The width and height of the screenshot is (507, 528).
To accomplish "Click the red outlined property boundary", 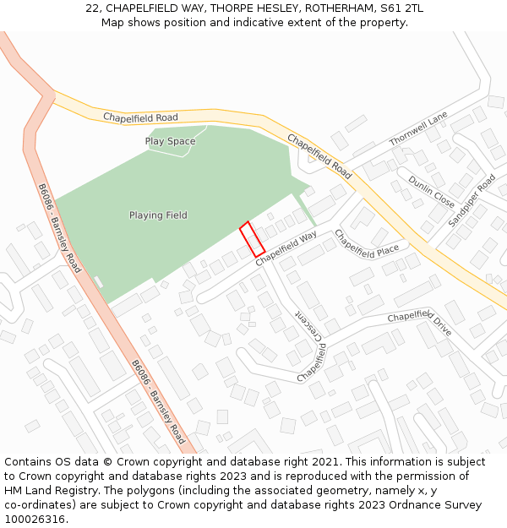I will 252,239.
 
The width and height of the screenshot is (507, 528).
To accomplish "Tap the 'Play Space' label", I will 170,141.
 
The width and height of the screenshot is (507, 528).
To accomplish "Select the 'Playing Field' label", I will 158,215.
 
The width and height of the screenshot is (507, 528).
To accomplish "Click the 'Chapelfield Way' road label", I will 286,248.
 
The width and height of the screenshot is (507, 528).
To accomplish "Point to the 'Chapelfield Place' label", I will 367,244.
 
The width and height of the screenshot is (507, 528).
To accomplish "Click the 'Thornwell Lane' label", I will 418,130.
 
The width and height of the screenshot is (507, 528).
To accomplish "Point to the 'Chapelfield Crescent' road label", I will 310,346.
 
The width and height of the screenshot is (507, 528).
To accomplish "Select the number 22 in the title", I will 92,8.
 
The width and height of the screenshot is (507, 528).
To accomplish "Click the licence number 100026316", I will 36,520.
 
